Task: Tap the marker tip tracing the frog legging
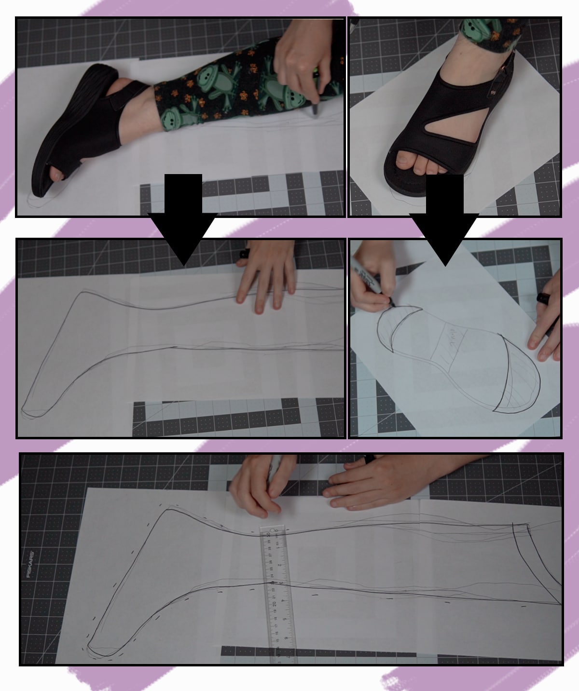tap(315, 110)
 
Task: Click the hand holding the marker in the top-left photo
tap(304, 53)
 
